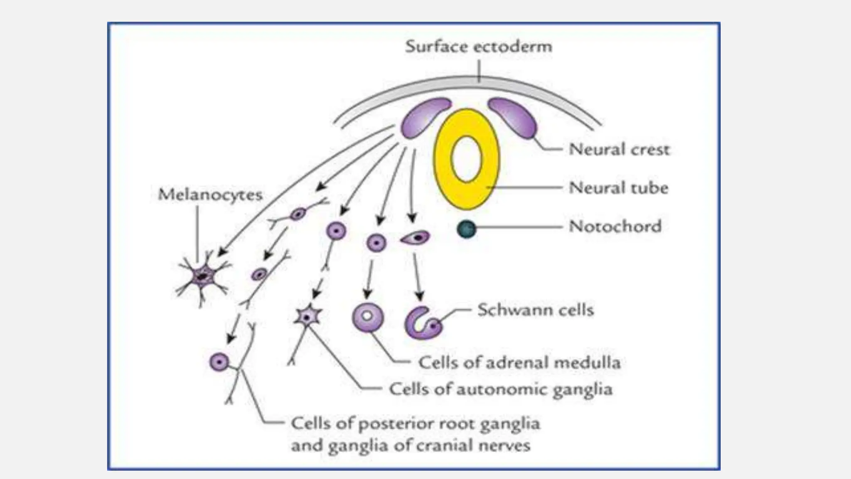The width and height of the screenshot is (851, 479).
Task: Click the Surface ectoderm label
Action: [x=479, y=46]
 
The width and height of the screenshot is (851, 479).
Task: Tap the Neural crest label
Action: [x=619, y=149]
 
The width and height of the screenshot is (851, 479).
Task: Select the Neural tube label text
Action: [x=618, y=188]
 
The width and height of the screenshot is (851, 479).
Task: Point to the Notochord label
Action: [x=615, y=227]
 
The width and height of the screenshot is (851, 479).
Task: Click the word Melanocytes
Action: [x=210, y=195]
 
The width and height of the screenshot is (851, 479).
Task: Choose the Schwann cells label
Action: [x=535, y=310]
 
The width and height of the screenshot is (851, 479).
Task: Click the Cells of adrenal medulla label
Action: [x=519, y=363]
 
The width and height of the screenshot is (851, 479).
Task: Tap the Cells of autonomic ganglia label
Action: [x=501, y=390]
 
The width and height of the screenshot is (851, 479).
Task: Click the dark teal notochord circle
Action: [x=466, y=229]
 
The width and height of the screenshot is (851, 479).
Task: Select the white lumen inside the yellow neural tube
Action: [x=466, y=159]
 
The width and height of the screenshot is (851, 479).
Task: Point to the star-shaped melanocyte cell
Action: [x=202, y=276]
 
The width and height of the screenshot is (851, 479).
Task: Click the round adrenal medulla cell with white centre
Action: [x=368, y=317]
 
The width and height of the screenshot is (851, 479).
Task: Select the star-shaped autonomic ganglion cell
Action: [x=307, y=317]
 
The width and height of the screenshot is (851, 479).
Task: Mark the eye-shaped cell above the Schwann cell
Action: [x=416, y=238]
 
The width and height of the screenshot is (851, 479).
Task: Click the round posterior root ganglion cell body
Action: [x=219, y=362]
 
